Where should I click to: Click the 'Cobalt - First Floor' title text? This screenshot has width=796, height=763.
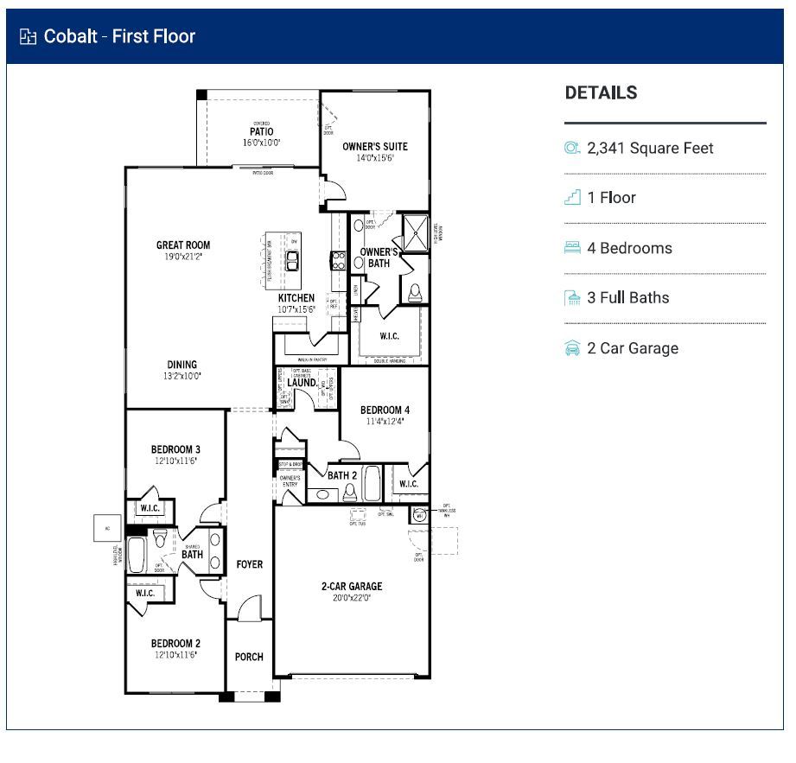click(119, 36)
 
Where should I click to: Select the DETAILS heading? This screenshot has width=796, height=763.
click(601, 93)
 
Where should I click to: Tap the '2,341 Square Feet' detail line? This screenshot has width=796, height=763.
click(650, 148)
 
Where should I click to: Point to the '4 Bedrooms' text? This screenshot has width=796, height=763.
click(629, 248)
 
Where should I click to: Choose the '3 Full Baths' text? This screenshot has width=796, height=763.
click(627, 298)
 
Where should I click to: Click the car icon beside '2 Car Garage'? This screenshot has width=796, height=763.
click(571, 348)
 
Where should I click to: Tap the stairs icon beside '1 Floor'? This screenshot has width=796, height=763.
click(571, 198)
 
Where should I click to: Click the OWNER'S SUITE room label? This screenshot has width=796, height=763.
click(374, 146)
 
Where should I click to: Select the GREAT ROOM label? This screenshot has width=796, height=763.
click(183, 245)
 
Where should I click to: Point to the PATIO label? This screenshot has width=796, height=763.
click(261, 132)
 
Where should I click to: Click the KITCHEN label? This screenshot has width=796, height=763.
click(296, 298)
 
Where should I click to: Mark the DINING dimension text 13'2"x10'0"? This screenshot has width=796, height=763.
click(181, 376)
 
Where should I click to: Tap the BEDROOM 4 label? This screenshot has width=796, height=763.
click(385, 410)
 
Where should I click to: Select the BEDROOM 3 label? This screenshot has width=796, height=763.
click(175, 449)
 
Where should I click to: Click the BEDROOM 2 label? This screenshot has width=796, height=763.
click(175, 644)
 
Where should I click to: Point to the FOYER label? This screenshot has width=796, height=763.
click(249, 564)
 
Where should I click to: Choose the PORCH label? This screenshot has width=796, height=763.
click(249, 657)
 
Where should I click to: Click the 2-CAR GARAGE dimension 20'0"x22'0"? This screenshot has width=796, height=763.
click(352, 597)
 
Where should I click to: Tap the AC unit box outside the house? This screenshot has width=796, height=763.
click(108, 528)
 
